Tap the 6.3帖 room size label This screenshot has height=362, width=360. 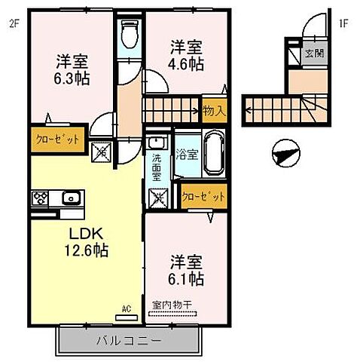tap(72, 69)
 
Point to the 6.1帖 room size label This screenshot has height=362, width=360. tap(185, 271)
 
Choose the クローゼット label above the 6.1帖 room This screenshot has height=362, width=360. tap(203, 196)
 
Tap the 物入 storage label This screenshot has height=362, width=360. tap(214, 111)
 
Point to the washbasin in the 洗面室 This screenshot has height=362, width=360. tap(157, 143)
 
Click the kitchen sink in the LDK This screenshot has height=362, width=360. tap(71, 199)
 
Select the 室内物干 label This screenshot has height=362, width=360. tap(172, 304)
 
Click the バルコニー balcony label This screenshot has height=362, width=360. tap(128, 340)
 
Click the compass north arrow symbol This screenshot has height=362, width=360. tap(285, 154)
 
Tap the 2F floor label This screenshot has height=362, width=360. tap(14, 21)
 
